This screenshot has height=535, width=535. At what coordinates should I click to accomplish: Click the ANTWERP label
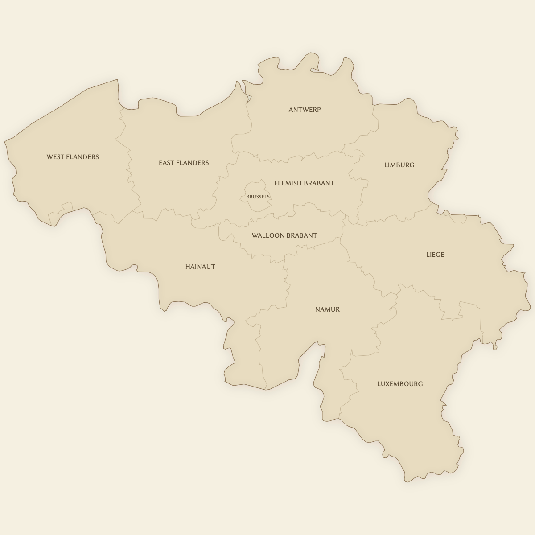coord(305,110)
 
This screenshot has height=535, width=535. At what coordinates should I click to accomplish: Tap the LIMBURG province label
coord(399,165)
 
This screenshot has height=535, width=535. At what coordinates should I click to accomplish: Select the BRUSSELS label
coord(258,197)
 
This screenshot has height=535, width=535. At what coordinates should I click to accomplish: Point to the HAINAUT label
coord(200,267)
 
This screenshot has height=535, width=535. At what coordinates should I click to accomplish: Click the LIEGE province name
coord(435,255)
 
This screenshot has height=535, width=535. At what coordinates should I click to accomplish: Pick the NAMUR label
coord(327,309)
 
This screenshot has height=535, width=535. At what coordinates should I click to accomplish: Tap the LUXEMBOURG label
coord(400,384)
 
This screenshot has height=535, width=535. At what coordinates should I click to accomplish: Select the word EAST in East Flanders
coord(166,163)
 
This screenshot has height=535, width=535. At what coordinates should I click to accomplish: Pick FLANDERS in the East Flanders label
coord(192,163)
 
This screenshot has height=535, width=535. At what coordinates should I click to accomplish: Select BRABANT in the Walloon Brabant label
coord(302,235)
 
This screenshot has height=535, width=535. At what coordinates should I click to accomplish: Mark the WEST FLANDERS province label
coord(73,157)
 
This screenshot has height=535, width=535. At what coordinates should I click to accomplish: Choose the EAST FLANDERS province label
coord(184,163)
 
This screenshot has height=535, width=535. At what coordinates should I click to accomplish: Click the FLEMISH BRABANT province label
coord(304,183)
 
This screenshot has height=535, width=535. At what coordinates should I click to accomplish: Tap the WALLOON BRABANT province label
coord(284,235)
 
